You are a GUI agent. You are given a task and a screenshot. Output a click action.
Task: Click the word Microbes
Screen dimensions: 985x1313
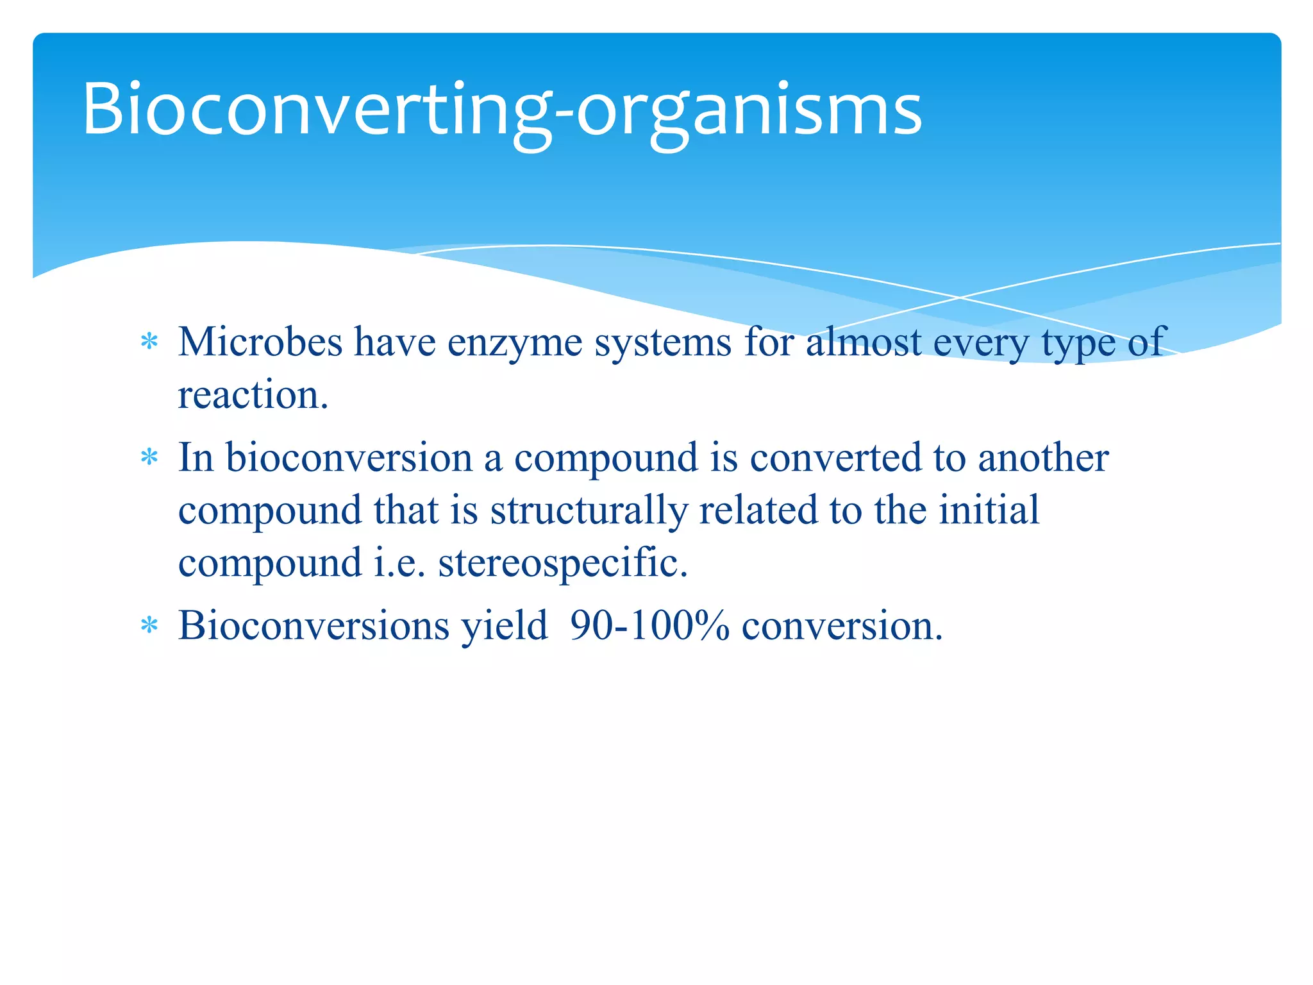coord(260,342)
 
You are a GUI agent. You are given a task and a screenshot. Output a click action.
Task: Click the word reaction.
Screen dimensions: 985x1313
coord(253,395)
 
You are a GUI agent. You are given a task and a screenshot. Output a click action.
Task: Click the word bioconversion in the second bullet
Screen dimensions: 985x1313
coord(349,458)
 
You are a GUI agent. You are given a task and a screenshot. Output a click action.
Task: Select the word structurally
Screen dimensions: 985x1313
coord(589,511)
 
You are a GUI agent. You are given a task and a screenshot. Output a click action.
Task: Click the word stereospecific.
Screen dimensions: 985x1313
coord(562,563)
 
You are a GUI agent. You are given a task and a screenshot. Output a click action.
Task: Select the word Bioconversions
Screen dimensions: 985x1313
coord(314,625)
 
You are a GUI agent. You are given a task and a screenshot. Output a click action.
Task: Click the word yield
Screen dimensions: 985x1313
coord(505,627)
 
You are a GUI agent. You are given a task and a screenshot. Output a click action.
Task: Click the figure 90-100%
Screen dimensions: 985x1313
coord(649,625)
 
